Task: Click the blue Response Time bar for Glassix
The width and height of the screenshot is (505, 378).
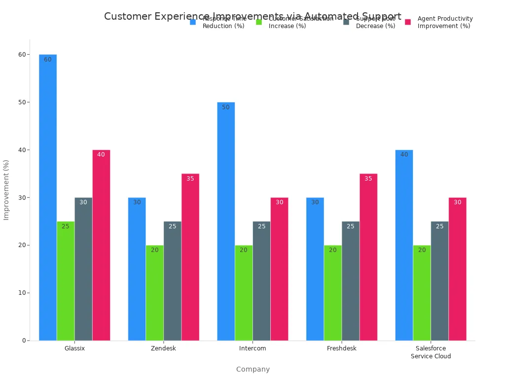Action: point(48,197)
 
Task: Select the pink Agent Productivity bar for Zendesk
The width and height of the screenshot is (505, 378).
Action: point(190,256)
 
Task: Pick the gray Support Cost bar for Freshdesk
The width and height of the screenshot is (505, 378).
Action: point(351,281)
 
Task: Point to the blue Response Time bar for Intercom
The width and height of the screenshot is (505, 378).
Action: point(226,221)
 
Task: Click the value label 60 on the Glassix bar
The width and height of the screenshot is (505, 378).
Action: point(48,60)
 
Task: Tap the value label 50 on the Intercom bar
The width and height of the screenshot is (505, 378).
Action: point(226,107)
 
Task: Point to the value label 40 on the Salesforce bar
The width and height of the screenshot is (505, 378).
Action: point(404,155)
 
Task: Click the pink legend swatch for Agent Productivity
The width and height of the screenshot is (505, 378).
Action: point(408,22)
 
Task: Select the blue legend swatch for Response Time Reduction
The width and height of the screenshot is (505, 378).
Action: point(193,22)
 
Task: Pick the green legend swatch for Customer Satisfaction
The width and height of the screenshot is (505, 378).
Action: point(259,22)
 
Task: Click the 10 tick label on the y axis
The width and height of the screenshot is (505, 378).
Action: point(22,293)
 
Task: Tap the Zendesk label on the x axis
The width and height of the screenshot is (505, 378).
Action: point(163,348)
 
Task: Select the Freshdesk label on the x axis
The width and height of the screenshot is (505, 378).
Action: point(341,348)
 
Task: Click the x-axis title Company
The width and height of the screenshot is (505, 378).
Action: point(252,369)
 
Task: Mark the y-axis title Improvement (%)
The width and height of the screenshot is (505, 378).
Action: point(6,189)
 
